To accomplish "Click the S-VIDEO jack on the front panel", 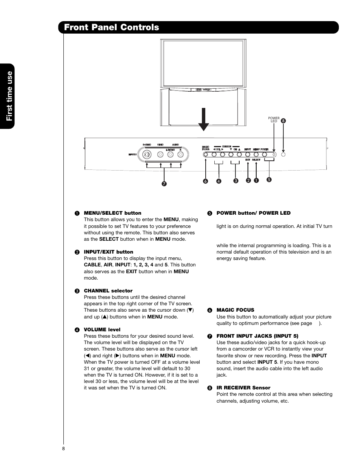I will pos(147,154).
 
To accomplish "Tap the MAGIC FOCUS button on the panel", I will pos(206,154).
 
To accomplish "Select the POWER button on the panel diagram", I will pos(265,154).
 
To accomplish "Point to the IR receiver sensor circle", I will pos(283,154).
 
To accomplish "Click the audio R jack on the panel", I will pos(181,154).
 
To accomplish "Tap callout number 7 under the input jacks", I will pos(164,184).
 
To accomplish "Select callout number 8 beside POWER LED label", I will pos(283,121).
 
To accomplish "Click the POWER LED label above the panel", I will pos(274,120).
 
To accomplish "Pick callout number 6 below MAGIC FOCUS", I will pos(206,181).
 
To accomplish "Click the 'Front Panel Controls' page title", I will pos(112,27).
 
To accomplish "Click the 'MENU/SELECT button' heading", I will pos(112,213).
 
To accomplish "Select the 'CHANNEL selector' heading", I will pos(108,291).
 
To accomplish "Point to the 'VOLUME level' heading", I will pos(102,330).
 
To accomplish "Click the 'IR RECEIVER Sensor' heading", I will pos(243,388).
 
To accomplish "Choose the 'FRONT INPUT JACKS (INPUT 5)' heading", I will pos(257,336).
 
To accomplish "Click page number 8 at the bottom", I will pos(63,449).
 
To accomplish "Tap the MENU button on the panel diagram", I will pos(256,154).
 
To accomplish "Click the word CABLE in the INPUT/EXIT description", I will pos(92,265).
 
